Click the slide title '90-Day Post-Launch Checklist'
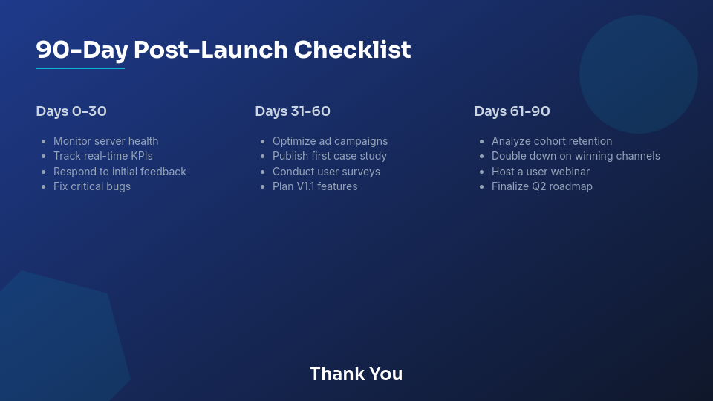coord(223,50)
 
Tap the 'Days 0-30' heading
coord(71,111)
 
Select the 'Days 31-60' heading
coord(293,111)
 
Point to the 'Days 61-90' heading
coord(512,111)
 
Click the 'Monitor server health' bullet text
coord(105,141)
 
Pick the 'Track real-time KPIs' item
coord(102,156)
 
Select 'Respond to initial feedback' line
coord(120,172)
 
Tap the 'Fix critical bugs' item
coord(92,186)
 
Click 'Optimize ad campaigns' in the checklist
coord(330,141)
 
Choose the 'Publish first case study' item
coord(329,156)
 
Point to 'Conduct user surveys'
coord(326,172)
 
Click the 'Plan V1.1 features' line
coord(315,186)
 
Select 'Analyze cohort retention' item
coord(552,141)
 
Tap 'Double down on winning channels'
coord(576,156)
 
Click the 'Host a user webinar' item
coord(540,172)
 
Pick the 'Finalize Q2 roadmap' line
coord(541,186)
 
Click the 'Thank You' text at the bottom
coord(356,374)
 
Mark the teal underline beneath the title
coord(80,69)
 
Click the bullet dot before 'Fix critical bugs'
coord(44,187)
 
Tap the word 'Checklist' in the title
coord(352,50)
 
